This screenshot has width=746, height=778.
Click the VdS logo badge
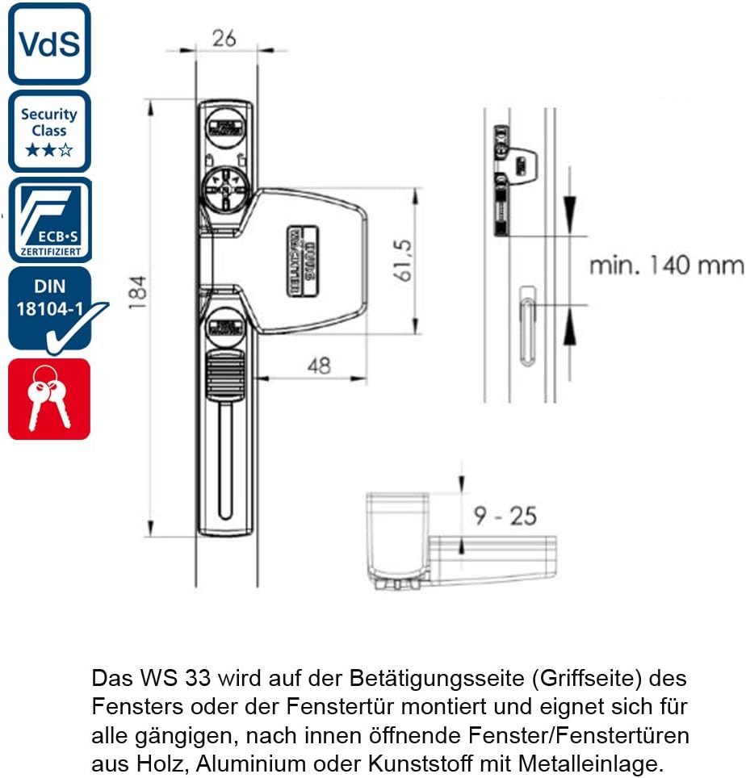click(x=49, y=44)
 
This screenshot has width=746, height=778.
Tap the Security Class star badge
click(x=49, y=131)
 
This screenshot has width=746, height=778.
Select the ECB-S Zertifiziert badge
click(x=49, y=220)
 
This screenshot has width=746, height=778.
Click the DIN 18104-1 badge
click(x=49, y=308)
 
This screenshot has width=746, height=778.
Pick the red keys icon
click(x=49, y=399)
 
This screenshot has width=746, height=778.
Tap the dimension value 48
click(x=319, y=366)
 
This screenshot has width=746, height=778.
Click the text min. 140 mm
click(x=666, y=265)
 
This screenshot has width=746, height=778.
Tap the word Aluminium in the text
click(x=205, y=761)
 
